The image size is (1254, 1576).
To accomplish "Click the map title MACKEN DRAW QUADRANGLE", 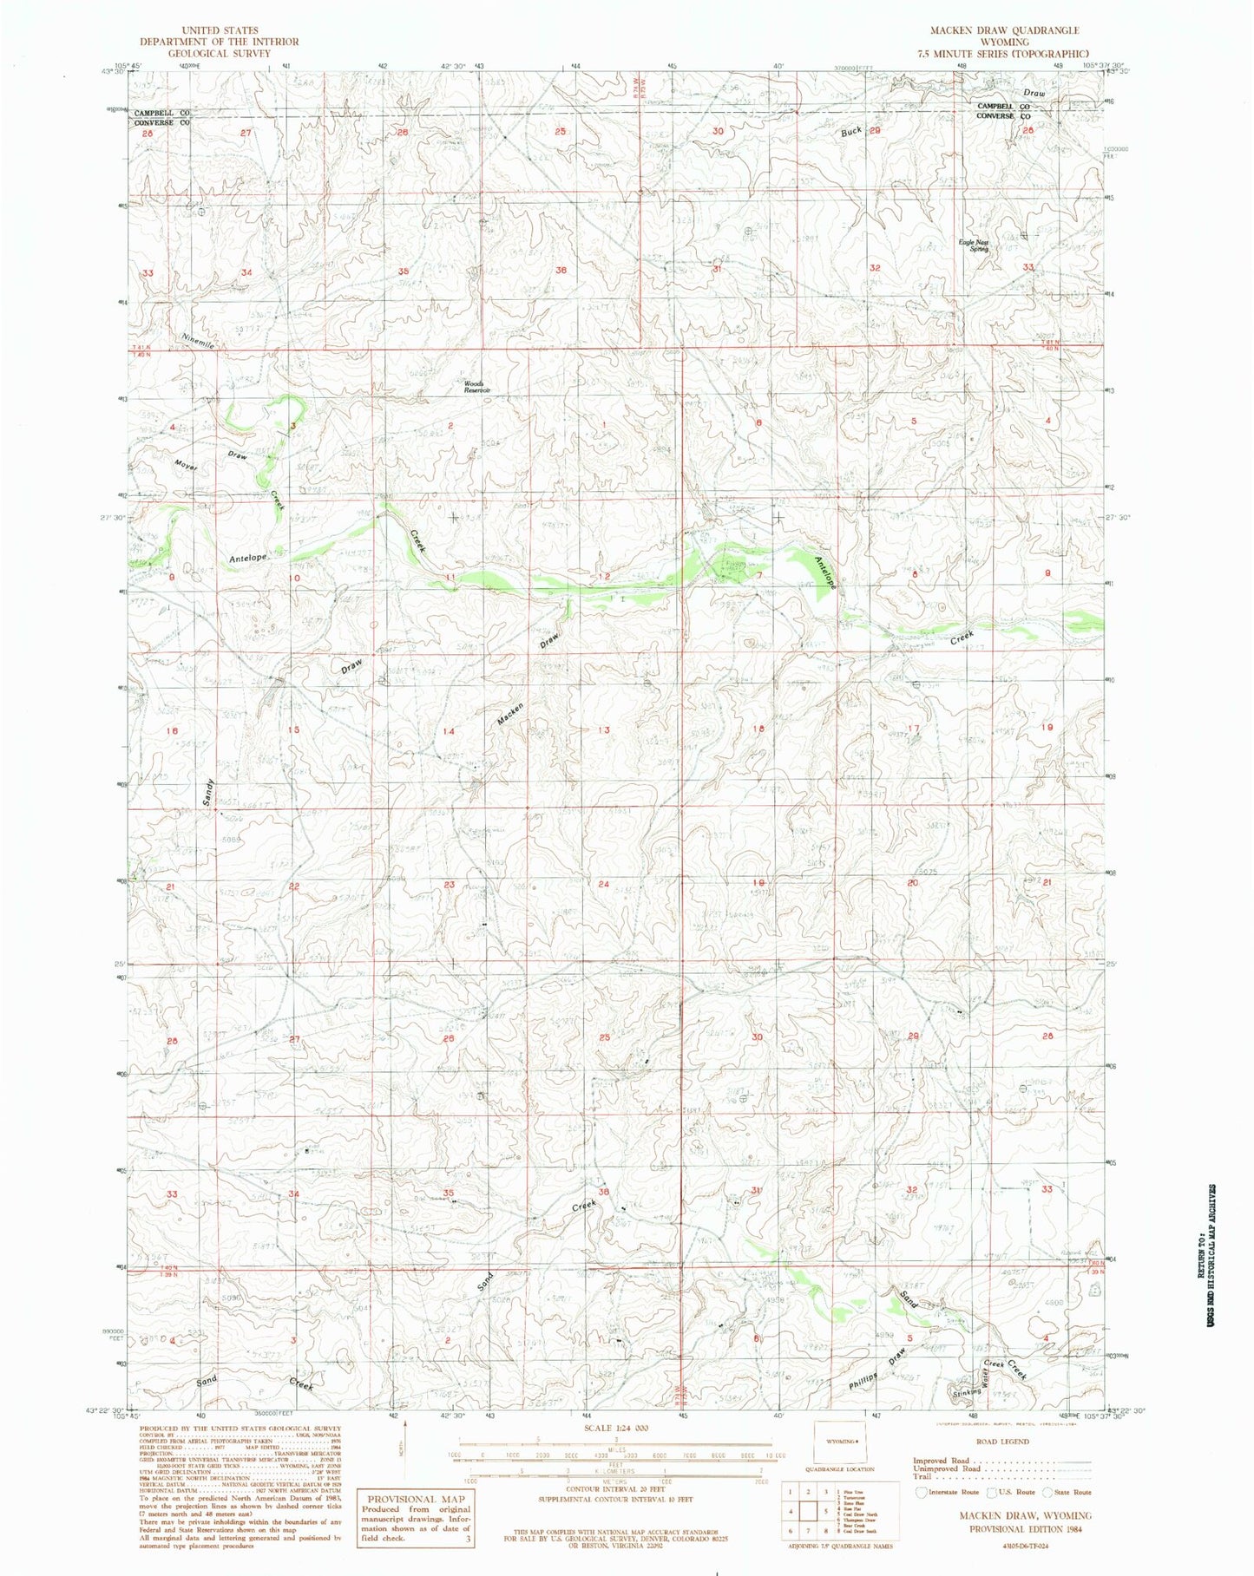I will pos(1004,30).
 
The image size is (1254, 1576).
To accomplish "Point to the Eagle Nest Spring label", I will pos(974,245).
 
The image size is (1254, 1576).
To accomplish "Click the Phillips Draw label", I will pos(878,1368).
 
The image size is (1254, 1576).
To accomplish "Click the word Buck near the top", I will pos(851,132).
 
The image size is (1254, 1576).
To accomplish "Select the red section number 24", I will pos(603,884).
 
